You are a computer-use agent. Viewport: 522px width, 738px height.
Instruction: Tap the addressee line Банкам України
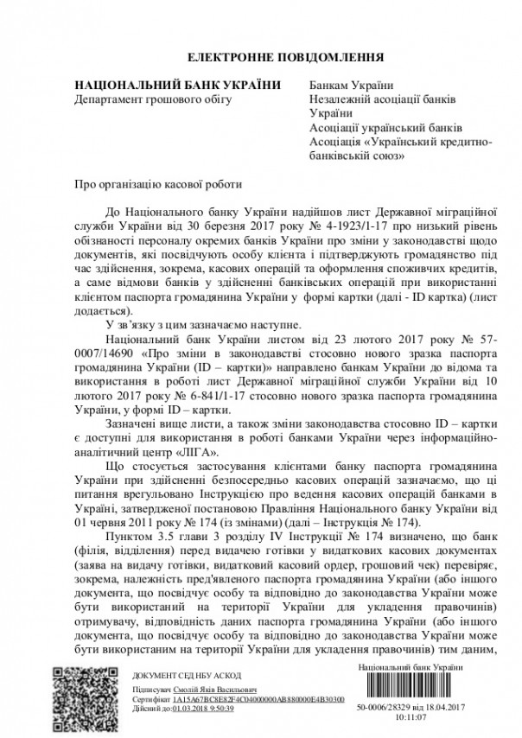pos(351,85)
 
